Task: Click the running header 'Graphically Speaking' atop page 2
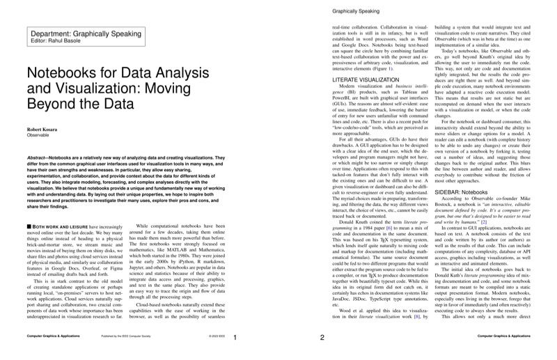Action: (355, 11)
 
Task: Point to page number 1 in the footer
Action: (235, 338)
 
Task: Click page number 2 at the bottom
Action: (322, 338)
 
